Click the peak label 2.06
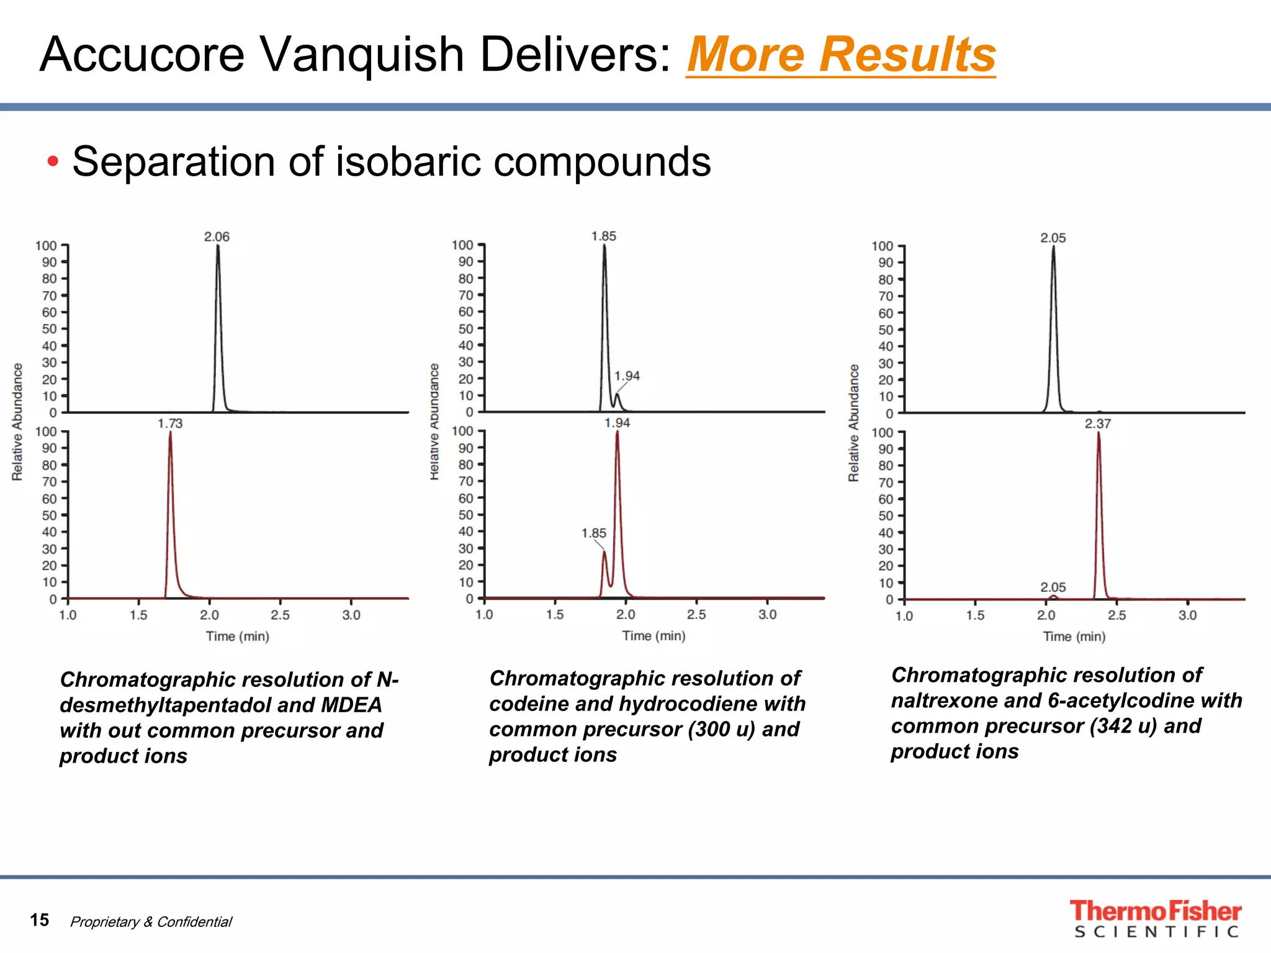217,237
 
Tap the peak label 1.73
170,424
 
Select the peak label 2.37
1098,424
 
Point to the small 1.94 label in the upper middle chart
627,376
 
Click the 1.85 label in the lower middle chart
593,534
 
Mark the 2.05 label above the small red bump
1053,587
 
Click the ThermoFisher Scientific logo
1155,919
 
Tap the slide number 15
39,920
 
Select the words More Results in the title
841,55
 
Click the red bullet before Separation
53,162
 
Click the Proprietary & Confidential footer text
151,922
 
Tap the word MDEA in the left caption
351,705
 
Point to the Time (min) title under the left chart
238,637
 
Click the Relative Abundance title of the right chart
854,423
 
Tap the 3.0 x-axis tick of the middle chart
768,615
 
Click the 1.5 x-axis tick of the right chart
975,615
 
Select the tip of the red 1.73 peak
170,433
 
